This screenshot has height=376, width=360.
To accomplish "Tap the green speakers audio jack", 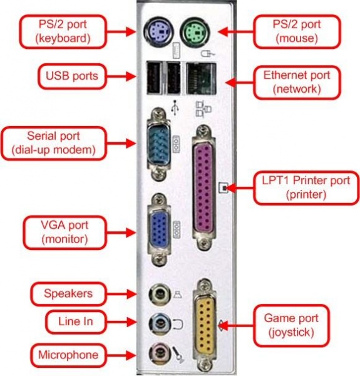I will click(x=156, y=293).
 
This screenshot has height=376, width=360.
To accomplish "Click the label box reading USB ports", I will click(x=71, y=76).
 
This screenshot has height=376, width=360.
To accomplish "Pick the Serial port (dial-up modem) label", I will click(x=49, y=142).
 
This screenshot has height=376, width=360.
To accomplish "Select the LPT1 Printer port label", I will click(x=306, y=187).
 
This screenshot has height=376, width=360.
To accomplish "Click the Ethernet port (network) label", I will click(x=297, y=82).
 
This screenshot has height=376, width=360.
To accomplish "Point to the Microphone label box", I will click(x=69, y=355).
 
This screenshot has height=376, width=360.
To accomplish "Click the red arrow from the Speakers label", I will click(x=125, y=293).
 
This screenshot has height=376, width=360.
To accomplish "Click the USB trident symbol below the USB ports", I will click(x=175, y=107).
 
